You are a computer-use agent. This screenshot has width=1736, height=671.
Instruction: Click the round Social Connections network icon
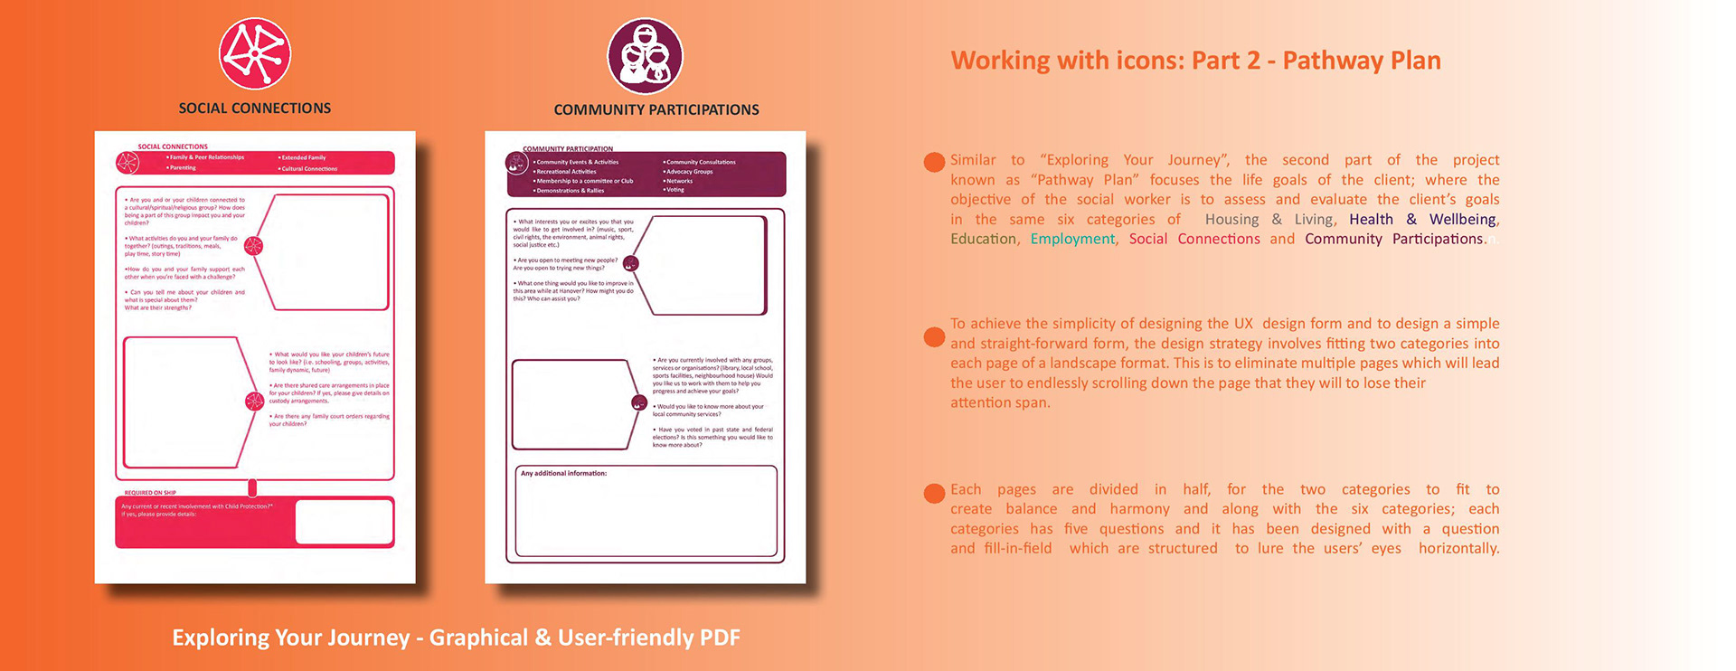[x=255, y=53]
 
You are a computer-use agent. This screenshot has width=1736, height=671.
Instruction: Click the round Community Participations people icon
[x=645, y=56]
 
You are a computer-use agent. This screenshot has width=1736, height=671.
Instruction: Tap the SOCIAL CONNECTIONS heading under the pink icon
[x=255, y=109]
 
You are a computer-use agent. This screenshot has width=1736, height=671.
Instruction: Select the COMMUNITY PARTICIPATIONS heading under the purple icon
[x=656, y=110]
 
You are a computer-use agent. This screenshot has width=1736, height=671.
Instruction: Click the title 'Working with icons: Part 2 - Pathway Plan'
[x=1195, y=61]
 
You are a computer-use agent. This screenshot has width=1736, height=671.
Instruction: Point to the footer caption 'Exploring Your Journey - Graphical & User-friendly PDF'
[x=456, y=638]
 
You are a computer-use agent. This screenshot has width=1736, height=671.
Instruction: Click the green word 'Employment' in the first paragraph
[x=1072, y=239]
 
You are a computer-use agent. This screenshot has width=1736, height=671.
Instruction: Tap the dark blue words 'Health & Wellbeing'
[x=1423, y=219]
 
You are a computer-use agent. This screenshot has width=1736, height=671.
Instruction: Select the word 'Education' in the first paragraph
[x=983, y=239]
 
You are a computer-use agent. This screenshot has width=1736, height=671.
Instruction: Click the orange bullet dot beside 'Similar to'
[x=934, y=162]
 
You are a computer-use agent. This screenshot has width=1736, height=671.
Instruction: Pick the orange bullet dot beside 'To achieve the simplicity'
[x=934, y=337]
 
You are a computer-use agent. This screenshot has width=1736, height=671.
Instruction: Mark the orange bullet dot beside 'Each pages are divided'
[x=934, y=493]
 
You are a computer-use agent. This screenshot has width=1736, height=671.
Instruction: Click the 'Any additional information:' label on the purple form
[x=563, y=473]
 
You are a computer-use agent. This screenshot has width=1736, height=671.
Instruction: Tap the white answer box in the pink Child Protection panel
[x=344, y=522]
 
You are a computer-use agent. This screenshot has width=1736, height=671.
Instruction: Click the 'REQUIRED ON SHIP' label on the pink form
[x=150, y=493]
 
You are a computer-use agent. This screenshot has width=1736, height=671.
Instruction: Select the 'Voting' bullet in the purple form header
[x=675, y=190]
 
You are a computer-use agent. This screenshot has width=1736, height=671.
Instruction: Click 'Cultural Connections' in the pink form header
[x=309, y=169]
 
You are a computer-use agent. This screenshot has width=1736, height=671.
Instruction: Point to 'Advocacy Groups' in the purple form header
[x=689, y=172]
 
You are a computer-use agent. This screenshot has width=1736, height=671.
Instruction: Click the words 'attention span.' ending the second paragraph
[x=1000, y=402]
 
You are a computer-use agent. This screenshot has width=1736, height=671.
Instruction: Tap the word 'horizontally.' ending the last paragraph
[x=1458, y=548]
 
